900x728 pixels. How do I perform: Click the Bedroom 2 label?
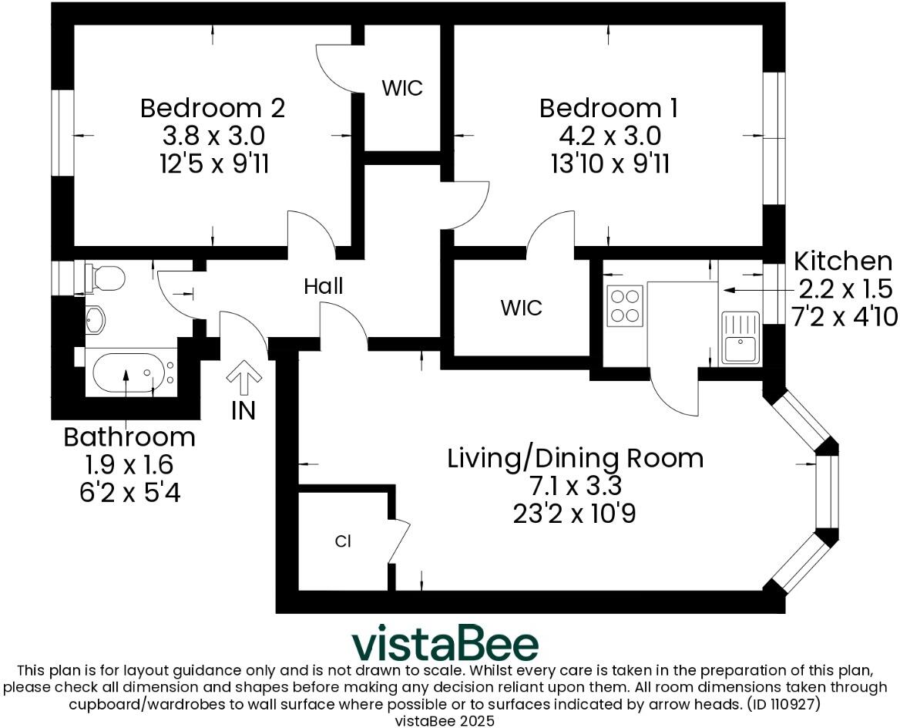(213, 108)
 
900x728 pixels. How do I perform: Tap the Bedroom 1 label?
(609, 108)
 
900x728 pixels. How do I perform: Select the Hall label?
(323, 287)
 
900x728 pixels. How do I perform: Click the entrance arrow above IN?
(244, 378)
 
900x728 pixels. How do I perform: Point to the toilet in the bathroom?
(105, 278)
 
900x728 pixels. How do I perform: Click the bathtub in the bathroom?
(127, 374)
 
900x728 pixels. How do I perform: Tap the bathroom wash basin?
(95, 320)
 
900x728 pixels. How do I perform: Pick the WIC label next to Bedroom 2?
(402, 88)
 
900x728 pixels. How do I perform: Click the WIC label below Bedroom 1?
(521, 308)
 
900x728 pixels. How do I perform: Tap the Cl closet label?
(343, 541)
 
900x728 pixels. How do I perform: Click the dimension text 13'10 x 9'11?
(609, 163)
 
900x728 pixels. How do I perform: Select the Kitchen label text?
(843, 261)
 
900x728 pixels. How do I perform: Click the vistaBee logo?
(445, 644)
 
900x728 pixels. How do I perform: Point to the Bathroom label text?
(129, 437)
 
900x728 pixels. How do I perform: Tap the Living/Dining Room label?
(575, 458)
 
